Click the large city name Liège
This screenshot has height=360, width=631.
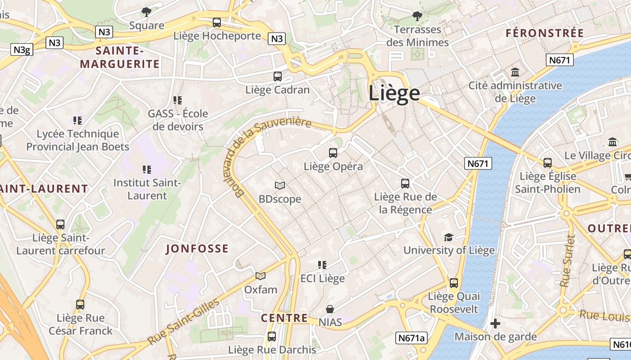pos(394,93)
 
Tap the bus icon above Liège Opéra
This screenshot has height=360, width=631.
pos(333,153)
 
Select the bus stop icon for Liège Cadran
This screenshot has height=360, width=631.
pos(278,76)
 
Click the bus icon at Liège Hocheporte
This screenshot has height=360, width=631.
pos(217,22)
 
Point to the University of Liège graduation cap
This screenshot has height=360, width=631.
pos(448,237)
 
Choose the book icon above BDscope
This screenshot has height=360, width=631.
pos(280,185)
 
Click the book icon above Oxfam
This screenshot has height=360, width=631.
pos(261,276)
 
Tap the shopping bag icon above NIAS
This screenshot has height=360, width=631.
pos(330,309)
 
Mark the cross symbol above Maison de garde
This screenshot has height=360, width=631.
pos(495,324)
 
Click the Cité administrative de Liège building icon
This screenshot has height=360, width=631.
pos(515,72)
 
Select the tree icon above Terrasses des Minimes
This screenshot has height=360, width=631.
pos(417,16)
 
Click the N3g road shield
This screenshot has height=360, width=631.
pos(22,49)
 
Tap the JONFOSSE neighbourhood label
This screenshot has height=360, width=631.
pos(197,249)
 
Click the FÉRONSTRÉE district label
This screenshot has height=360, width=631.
pos(544,33)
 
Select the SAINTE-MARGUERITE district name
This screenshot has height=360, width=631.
pos(120,57)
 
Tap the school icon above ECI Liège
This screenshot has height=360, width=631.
pos(322,265)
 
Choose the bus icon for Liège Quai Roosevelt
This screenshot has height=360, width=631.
pos(454,283)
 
